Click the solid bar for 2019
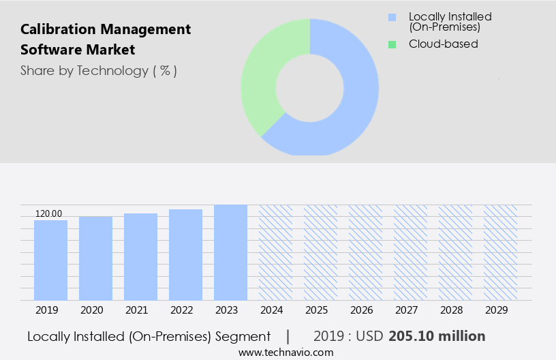pyautogui.click(x=50, y=260)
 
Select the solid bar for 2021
pyautogui.click(x=140, y=256)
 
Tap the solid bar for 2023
pyautogui.click(x=230, y=252)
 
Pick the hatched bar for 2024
pyautogui.click(x=275, y=252)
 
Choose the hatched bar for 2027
pyautogui.click(x=410, y=252)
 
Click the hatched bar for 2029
pyautogui.click(x=500, y=252)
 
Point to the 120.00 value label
pyautogui.click(x=48, y=214)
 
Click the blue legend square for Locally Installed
pyautogui.click(x=392, y=17)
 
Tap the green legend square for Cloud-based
pyautogui.click(x=392, y=44)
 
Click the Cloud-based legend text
pyautogui.click(x=443, y=44)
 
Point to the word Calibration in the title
pyautogui.click(x=60, y=29)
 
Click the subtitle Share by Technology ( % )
pyautogui.click(x=99, y=71)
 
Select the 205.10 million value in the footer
pyautogui.click(x=437, y=336)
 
